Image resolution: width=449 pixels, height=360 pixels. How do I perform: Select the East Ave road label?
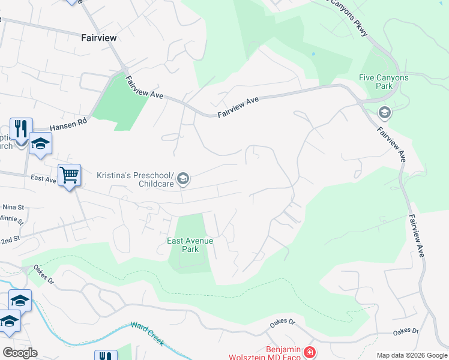[43, 178]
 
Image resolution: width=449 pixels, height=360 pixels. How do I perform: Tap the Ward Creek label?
[147, 334]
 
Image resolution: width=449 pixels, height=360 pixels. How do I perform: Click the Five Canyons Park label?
[384, 82]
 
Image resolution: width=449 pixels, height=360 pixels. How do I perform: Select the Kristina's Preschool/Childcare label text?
[135, 179]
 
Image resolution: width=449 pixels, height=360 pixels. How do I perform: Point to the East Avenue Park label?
[190, 244]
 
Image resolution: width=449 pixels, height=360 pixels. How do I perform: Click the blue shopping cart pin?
[70, 175]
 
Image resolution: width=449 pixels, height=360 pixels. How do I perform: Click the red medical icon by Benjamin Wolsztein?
[309, 352]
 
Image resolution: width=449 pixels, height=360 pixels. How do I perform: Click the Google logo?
[20, 353]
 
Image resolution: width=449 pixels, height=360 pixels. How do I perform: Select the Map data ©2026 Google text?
[412, 355]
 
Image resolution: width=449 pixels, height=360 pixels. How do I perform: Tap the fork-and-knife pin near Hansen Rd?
[20, 128]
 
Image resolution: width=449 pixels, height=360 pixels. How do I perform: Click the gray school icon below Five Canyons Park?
[384, 112]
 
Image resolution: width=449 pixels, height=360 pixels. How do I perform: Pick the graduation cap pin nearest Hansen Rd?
[40, 143]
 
